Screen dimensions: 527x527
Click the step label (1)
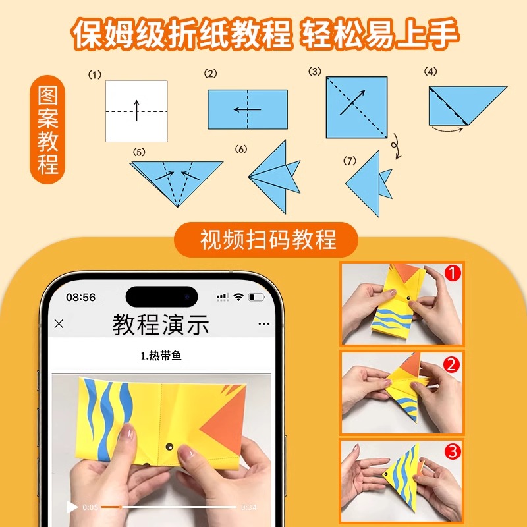(x=95, y=74)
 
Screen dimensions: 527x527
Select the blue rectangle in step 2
(x=248, y=109)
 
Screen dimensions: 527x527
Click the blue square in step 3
(x=356, y=107)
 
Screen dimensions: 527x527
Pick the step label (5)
(x=138, y=152)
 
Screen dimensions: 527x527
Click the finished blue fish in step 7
(x=369, y=183)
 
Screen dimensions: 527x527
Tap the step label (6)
(x=241, y=150)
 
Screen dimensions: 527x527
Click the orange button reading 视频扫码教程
(x=266, y=240)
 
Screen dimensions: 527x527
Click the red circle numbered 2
(x=453, y=363)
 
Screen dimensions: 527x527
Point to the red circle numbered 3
(x=453, y=452)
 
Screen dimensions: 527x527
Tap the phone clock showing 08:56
(x=80, y=297)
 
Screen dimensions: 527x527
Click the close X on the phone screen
(x=59, y=323)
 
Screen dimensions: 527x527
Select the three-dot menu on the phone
(x=264, y=324)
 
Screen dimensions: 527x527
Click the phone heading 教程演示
(x=161, y=324)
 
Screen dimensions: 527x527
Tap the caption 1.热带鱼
(x=161, y=356)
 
